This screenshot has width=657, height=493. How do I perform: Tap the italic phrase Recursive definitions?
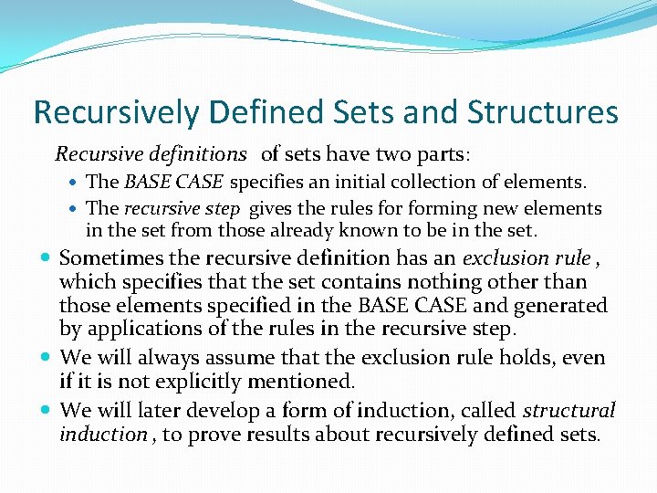(151, 154)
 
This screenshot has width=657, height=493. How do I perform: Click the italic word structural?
(568, 411)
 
